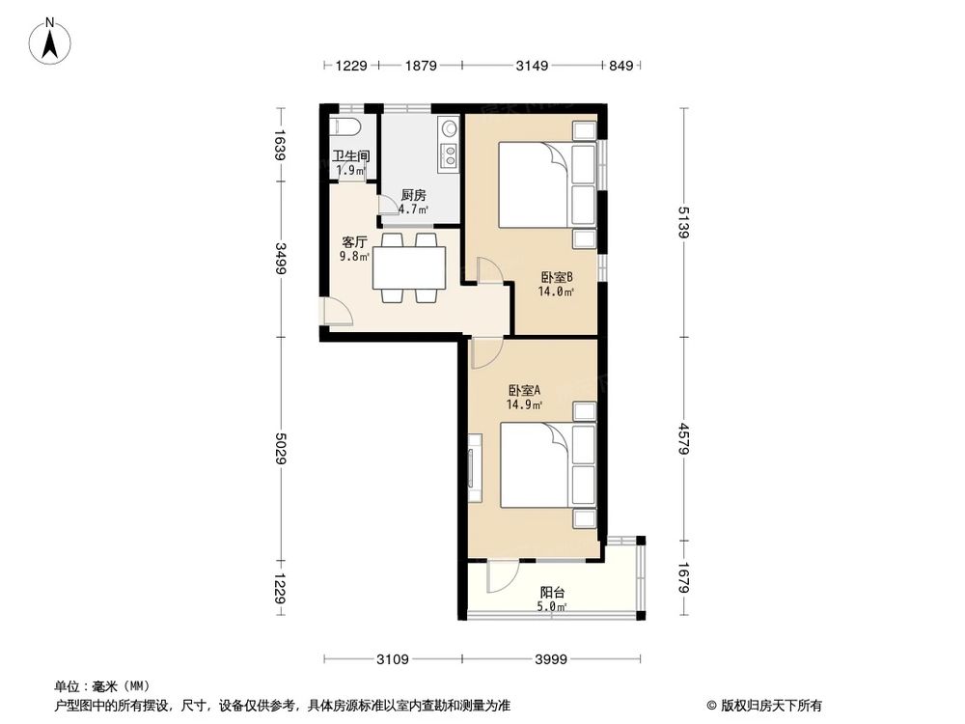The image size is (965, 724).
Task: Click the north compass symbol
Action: pos(50,41)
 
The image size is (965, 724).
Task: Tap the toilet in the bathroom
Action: pos(345,126)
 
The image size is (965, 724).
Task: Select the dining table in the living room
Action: pos(409,268)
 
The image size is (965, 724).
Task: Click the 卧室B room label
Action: pos(557,278)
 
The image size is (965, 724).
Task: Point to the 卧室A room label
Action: pos(524,390)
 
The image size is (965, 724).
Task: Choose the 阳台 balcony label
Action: pos(553,593)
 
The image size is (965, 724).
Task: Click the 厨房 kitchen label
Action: pos(414,195)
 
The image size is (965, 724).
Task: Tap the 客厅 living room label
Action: pos(354,242)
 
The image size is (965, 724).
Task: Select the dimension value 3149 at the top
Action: pos(532,66)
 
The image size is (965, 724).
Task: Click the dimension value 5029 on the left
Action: pos(281,449)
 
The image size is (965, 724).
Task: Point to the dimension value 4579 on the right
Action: pos(684,438)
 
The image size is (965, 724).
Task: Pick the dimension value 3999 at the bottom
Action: pos(551,659)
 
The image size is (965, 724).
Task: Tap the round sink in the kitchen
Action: pos(449,128)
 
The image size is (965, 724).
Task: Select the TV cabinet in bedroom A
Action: pos(475,468)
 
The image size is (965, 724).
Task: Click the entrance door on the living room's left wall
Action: pos(337,310)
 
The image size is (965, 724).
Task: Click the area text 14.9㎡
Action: pos(524,404)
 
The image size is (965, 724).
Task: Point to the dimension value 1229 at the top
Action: pos(351,66)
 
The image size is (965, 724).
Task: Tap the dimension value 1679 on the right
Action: pos(684,577)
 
